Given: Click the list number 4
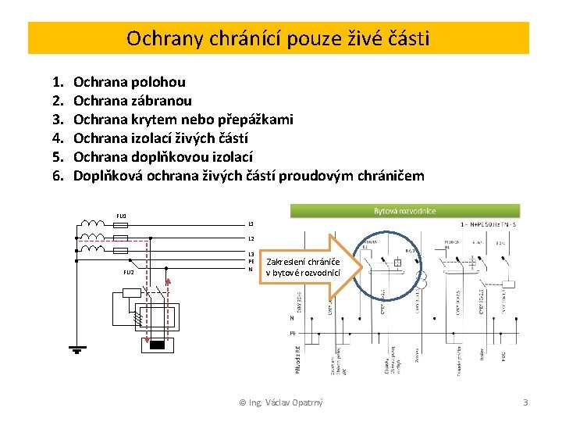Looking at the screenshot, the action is (x=57, y=138).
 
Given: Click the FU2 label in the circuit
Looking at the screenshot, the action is (x=129, y=272).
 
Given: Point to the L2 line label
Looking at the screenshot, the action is (x=251, y=238).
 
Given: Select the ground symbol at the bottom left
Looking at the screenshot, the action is (x=76, y=349).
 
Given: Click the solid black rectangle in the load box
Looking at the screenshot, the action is (x=158, y=345).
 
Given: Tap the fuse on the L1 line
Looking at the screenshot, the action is (x=121, y=224).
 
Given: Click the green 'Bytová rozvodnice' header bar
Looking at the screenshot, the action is (x=404, y=210).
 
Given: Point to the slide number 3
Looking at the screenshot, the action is (x=525, y=402).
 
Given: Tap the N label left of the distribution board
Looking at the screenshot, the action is (x=291, y=318).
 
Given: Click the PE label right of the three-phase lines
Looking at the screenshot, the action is (x=251, y=261).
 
